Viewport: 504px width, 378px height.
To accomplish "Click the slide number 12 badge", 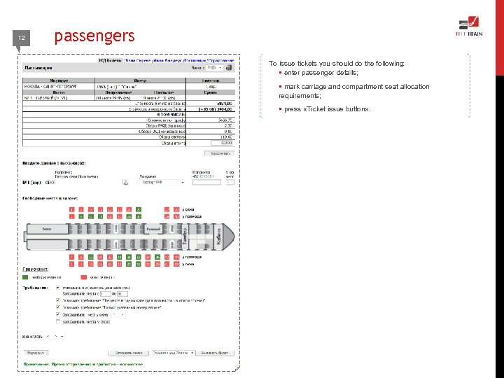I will (22, 38).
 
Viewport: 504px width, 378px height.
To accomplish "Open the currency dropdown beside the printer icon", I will (215, 68).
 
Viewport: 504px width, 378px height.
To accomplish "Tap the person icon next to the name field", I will (126, 182).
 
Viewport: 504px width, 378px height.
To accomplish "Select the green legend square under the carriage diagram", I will (26, 276).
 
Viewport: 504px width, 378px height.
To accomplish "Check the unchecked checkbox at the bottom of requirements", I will (57, 322).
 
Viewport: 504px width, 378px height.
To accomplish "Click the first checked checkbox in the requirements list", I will (57, 287).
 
